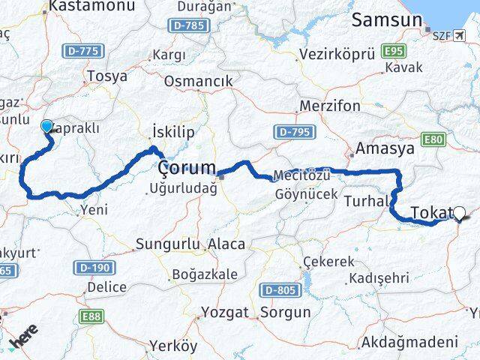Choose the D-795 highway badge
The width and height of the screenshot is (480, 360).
[291, 132]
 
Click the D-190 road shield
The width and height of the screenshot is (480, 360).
[92, 268]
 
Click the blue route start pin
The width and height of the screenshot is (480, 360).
[47, 127]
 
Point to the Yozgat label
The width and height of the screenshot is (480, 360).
[224, 311]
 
